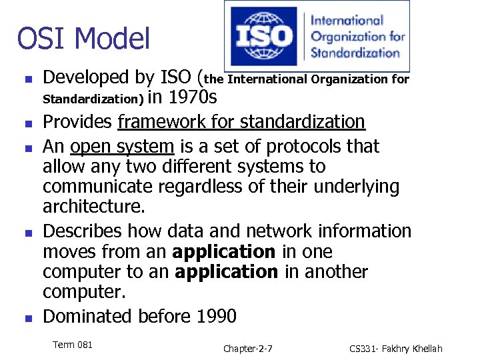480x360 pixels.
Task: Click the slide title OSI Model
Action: point(83,38)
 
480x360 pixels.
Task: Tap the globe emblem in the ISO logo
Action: point(266,36)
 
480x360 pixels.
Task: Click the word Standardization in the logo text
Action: point(355,51)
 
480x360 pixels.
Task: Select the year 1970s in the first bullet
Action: point(193,99)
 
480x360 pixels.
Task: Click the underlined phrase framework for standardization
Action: point(241,122)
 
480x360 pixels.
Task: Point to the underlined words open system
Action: point(122,146)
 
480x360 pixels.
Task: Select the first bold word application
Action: point(224,252)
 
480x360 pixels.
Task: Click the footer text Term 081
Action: point(72,345)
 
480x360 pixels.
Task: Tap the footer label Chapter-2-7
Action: point(247,349)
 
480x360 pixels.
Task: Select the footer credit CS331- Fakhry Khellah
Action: point(395,349)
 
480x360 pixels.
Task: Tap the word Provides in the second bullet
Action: point(78,122)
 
